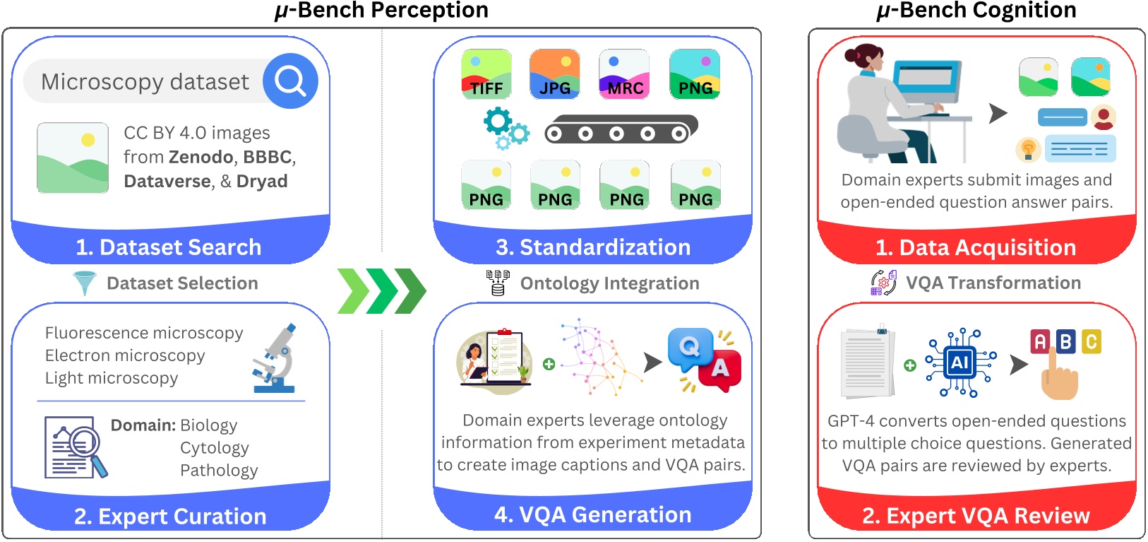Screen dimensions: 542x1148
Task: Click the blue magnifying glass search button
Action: (290, 81)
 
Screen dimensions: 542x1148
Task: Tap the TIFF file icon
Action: (486, 73)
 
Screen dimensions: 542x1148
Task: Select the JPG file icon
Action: (555, 73)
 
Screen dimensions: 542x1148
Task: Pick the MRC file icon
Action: (624, 73)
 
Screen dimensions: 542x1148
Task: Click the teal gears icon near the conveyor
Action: (506, 129)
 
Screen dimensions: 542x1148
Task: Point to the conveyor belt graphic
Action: (620, 130)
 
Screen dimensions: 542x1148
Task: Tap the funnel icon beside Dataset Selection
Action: (84, 283)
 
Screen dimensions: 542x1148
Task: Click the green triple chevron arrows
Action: (381, 290)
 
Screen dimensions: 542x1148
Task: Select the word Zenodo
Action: (201, 157)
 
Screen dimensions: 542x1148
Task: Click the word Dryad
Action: (262, 181)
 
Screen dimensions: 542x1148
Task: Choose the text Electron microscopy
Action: (125, 355)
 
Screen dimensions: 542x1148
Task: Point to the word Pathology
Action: (219, 471)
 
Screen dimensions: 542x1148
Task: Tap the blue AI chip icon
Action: (959, 363)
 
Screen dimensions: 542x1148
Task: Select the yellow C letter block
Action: (1091, 342)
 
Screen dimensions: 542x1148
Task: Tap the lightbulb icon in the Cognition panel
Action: (1028, 149)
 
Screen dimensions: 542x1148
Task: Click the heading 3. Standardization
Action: (593, 247)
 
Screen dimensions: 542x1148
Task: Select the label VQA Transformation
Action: (993, 283)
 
